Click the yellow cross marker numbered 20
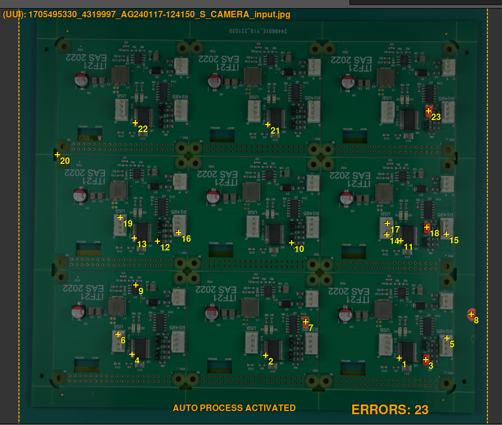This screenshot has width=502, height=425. [x=57, y=155]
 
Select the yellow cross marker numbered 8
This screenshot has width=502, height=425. [x=471, y=314]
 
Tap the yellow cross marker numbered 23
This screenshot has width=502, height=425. [x=428, y=111]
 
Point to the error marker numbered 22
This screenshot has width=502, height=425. [x=135, y=123]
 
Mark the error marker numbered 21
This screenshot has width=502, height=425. [x=268, y=124]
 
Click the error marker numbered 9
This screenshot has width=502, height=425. [x=136, y=285]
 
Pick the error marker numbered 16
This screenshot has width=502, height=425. [x=179, y=233]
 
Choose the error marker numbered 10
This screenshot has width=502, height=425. [x=292, y=243]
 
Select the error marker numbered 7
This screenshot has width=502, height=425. [x=306, y=322]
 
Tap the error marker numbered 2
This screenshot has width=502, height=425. [x=266, y=355]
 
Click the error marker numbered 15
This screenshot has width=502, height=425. [x=446, y=234]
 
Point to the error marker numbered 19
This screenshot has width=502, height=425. [x=120, y=217]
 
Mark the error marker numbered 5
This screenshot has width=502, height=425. [x=447, y=338]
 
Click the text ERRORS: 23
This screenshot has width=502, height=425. [x=389, y=409]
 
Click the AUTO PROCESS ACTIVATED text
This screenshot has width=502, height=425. [x=234, y=408]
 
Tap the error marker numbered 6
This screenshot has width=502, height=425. [x=118, y=334]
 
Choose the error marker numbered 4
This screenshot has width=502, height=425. [x=132, y=354]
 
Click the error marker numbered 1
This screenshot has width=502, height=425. [x=399, y=358]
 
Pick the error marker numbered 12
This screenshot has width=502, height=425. [x=157, y=241]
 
